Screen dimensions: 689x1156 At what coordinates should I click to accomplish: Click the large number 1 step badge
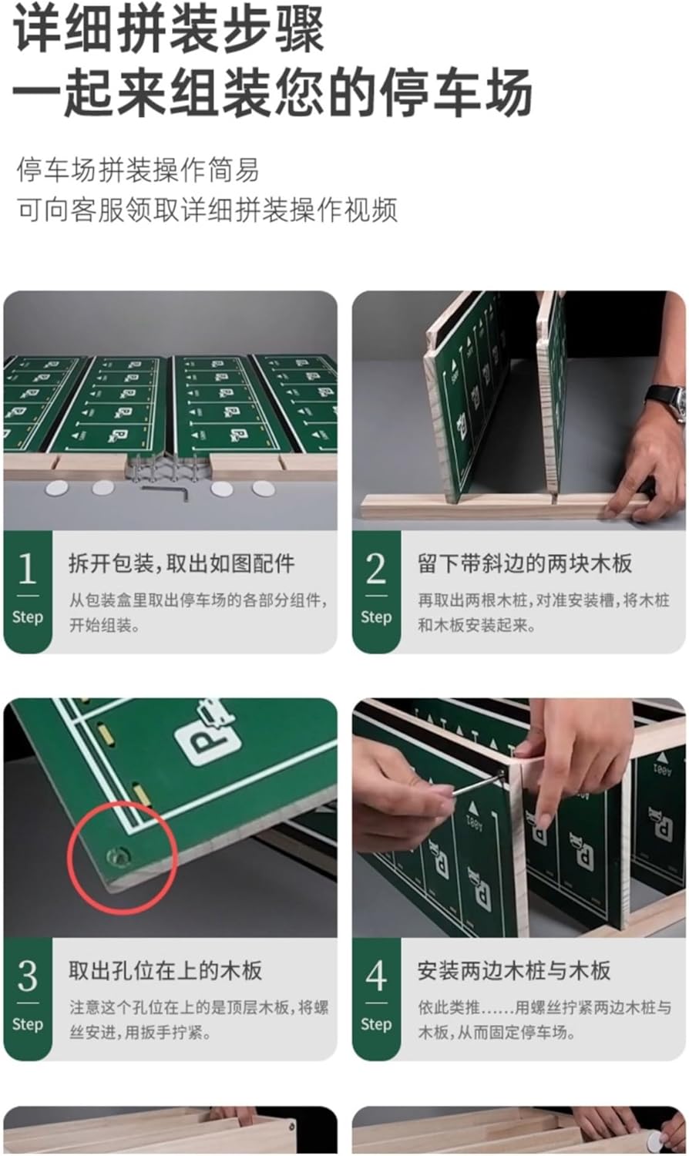click(27, 591)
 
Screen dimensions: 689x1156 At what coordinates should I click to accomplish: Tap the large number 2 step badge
click(376, 591)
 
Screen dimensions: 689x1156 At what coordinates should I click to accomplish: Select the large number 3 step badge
click(27, 999)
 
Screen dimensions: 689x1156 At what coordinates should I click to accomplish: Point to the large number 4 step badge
click(376, 999)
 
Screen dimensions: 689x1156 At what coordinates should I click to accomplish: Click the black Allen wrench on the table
click(166, 490)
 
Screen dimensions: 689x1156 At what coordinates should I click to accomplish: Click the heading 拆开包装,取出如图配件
click(182, 563)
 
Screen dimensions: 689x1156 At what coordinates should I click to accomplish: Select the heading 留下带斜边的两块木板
click(525, 563)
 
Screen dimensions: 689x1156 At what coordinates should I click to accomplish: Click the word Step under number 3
click(27, 1024)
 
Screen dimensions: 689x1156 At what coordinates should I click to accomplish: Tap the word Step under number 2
click(376, 617)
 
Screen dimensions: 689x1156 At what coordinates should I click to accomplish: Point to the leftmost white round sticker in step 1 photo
click(57, 488)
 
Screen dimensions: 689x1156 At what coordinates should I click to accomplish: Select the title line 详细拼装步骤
click(169, 31)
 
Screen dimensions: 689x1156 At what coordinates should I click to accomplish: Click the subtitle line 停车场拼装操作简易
click(138, 170)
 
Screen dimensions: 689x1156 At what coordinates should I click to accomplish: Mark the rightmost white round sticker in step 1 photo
click(263, 488)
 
